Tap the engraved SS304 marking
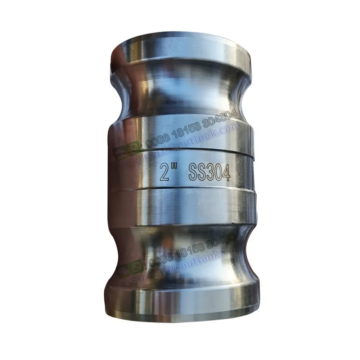[x=209, y=174]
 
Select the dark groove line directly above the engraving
[x=180, y=152]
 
